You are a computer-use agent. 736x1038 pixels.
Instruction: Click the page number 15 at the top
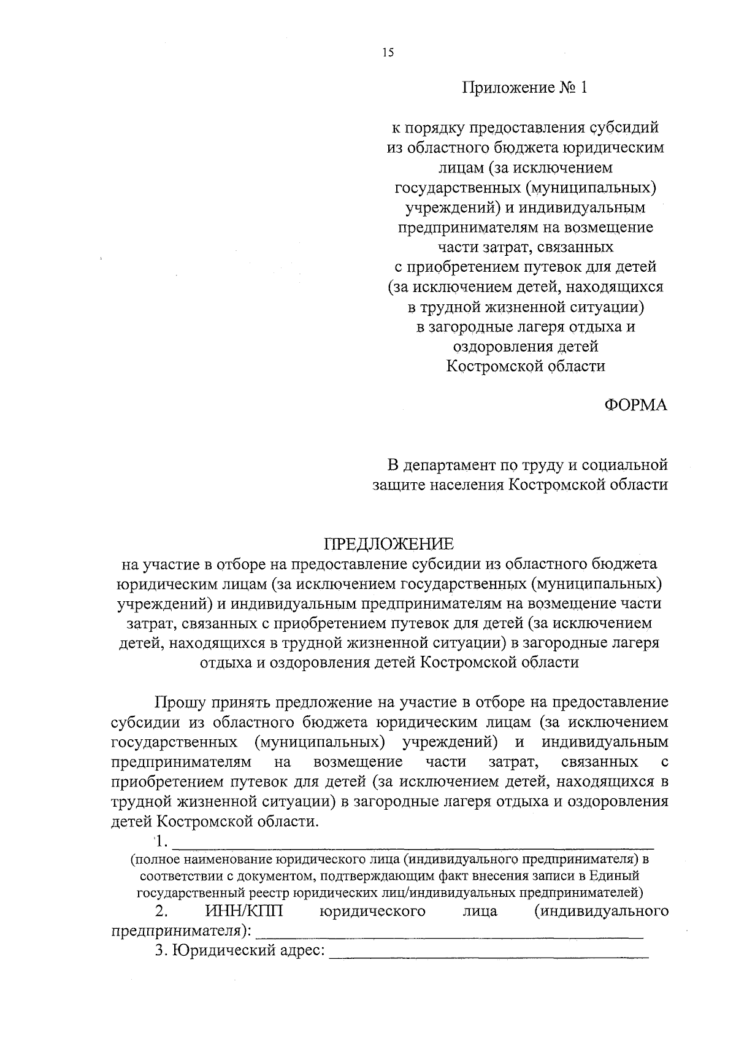click(387, 52)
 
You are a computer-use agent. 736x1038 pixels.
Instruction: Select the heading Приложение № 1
click(524, 88)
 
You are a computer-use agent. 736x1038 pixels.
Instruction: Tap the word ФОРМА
click(636, 406)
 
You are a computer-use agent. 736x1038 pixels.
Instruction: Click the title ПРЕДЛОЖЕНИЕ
click(389, 544)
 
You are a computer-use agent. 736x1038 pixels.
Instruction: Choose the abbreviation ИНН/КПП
click(244, 911)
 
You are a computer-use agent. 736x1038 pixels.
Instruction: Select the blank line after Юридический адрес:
click(489, 953)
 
